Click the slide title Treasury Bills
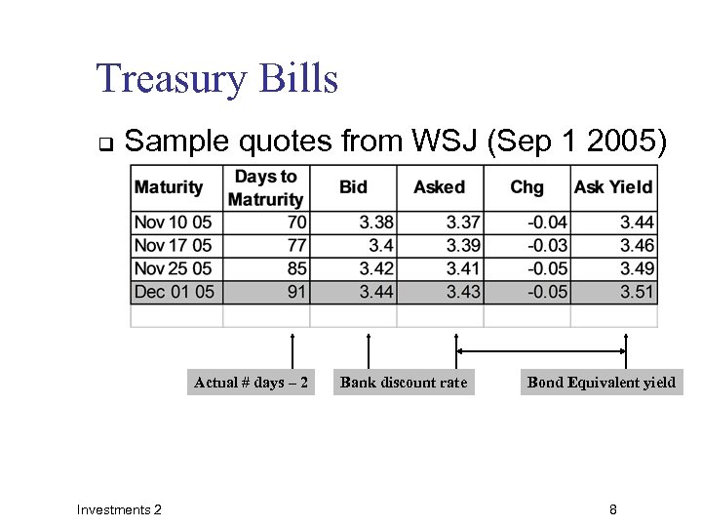click(x=216, y=78)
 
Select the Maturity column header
click(x=169, y=187)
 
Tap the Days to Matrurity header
click(x=265, y=187)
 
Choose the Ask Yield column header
click(x=613, y=187)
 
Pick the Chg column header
click(x=526, y=187)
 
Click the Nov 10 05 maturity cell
click(x=173, y=223)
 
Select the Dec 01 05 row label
click(x=174, y=291)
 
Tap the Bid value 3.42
click(x=376, y=268)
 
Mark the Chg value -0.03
click(x=548, y=245)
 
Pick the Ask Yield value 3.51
click(x=636, y=291)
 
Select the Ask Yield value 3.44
click(x=636, y=223)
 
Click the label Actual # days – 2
click(x=251, y=383)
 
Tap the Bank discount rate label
click(x=404, y=383)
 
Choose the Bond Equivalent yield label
click(x=601, y=383)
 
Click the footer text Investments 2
click(x=119, y=509)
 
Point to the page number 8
click(x=612, y=509)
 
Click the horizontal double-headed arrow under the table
click(x=541, y=351)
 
